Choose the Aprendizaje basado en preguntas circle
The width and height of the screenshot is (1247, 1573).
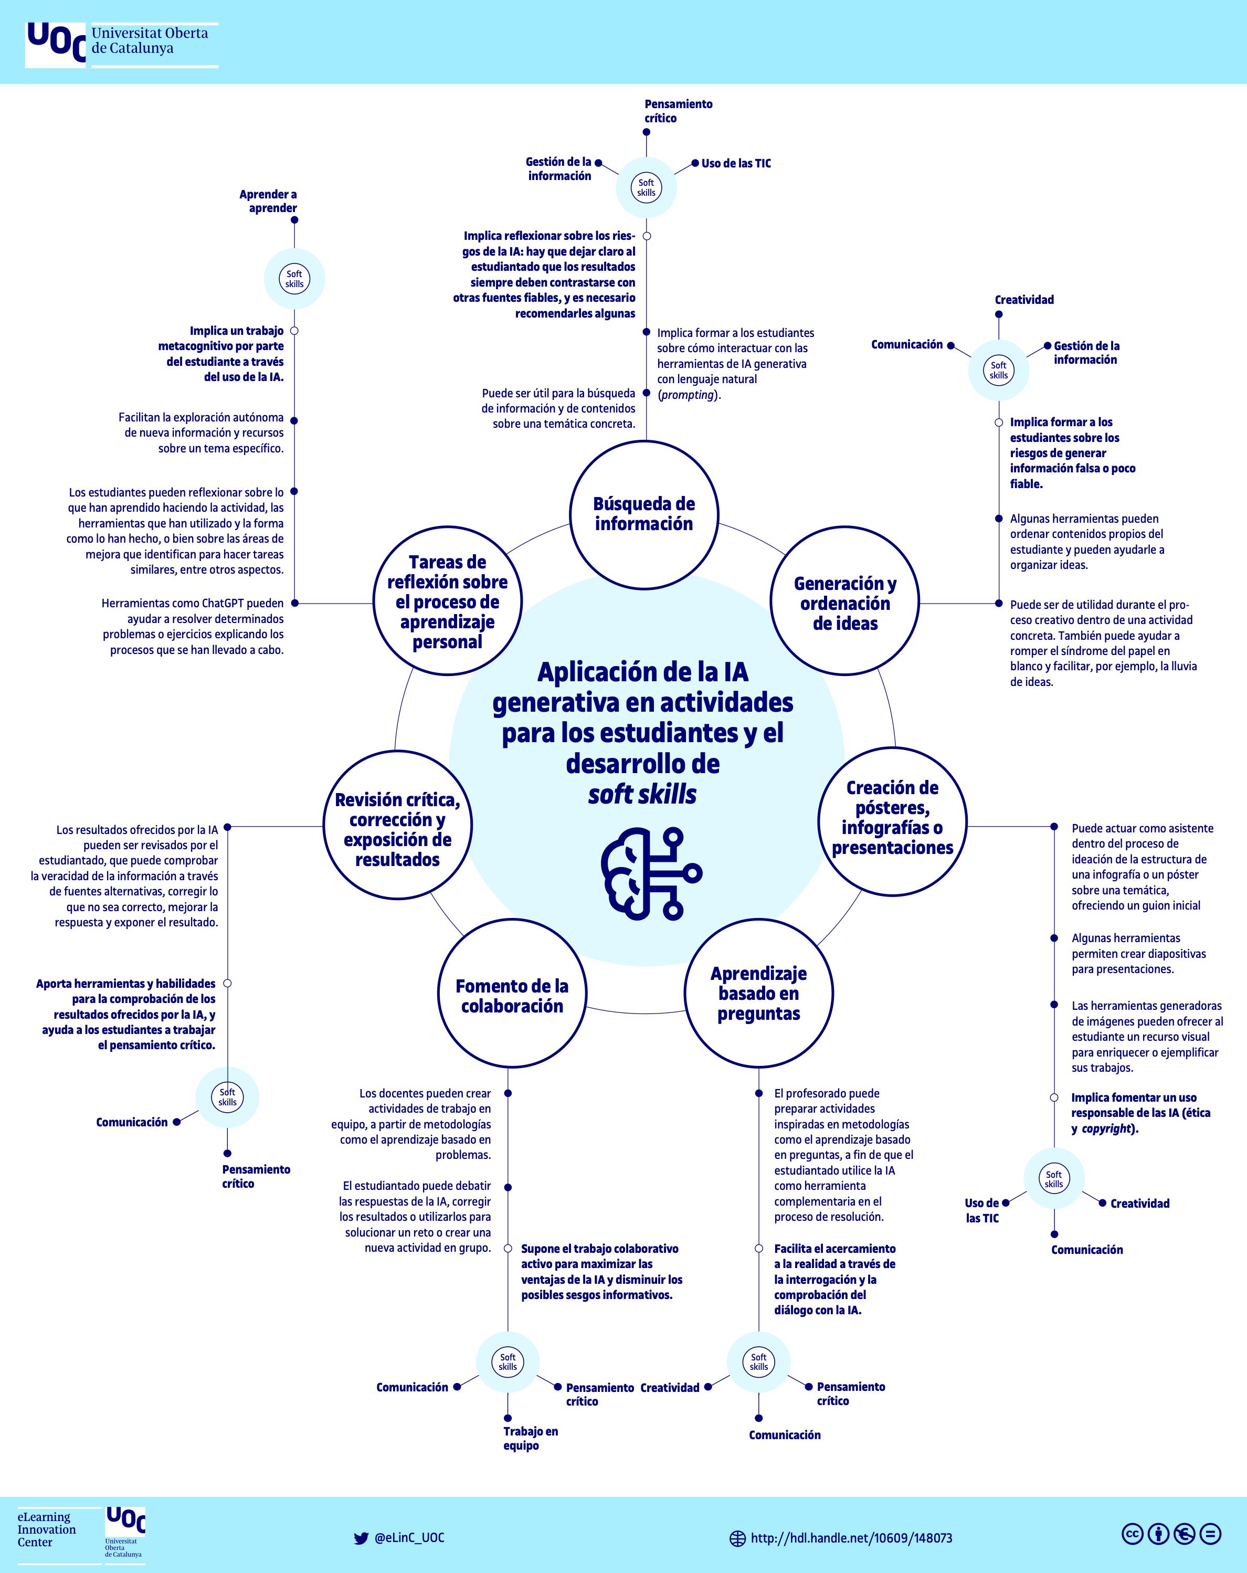[758, 993]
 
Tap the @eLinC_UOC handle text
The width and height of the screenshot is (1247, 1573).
[409, 1537]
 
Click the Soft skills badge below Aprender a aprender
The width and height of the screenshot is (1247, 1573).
[294, 279]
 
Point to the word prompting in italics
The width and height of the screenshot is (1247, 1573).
[688, 395]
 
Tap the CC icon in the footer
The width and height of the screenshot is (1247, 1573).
[1132, 1534]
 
